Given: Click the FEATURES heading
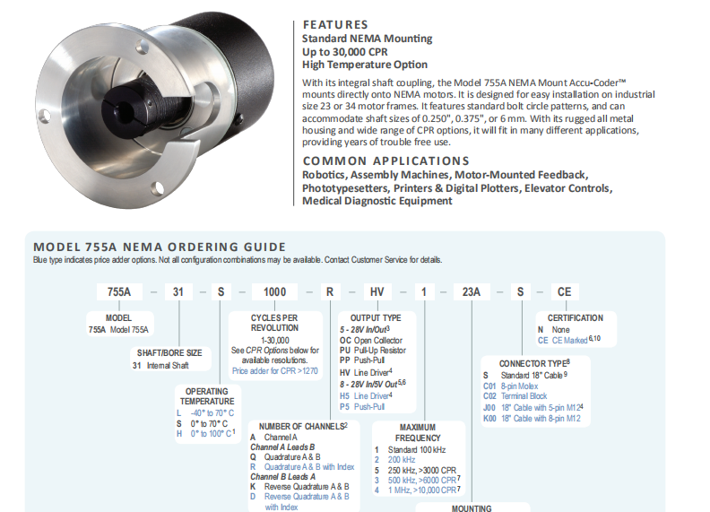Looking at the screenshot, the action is [335, 24].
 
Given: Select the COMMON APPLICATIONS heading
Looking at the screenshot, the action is [385, 161].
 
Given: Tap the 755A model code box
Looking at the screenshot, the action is [119, 291].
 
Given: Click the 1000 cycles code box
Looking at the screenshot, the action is [275, 291].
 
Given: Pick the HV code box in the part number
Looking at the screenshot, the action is [377, 291].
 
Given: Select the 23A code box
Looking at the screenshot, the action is [472, 291].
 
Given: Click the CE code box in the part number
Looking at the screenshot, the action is [564, 291].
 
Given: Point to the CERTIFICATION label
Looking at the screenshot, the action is [575, 318].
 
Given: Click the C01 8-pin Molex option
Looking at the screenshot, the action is [511, 386].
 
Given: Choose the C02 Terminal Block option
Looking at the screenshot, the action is [515, 396].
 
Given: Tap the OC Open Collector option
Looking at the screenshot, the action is [371, 340].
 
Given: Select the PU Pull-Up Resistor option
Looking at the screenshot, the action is [373, 351].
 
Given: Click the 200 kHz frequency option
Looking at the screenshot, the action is [394, 459].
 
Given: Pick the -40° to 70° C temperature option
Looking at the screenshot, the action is [205, 413].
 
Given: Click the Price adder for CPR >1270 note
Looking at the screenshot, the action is [275, 370].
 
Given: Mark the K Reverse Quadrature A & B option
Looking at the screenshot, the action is [299, 487].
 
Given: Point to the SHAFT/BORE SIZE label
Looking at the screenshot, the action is [169, 353].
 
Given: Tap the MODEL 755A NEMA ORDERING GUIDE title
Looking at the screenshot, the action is [160, 247].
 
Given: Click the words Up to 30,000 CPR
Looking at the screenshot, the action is [345, 52].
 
